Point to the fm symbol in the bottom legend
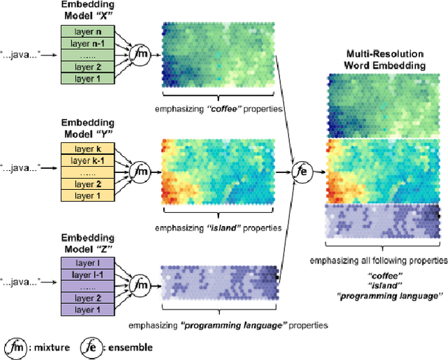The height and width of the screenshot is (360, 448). pos(15,346)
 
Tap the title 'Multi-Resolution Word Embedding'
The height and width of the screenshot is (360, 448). pos(386,60)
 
